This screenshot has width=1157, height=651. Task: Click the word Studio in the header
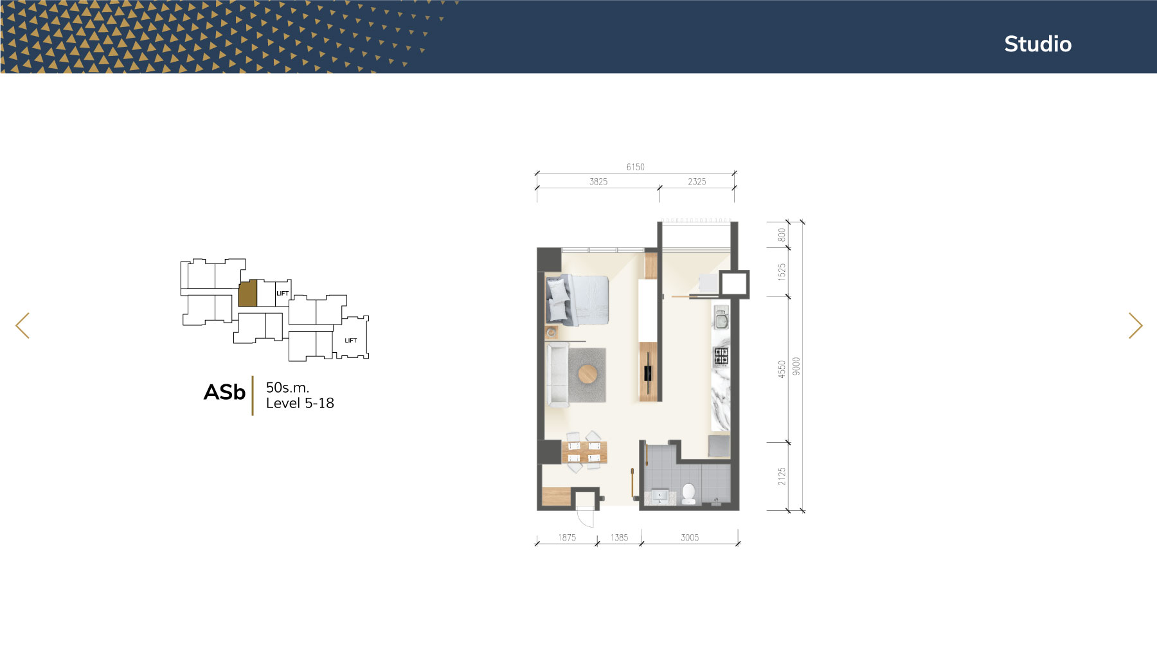[1037, 44]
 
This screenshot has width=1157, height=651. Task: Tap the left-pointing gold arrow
[22, 325]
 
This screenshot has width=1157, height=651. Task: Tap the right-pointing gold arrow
[1135, 325]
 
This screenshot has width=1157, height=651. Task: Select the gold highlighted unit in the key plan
[247, 293]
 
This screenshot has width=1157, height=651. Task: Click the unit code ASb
[224, 392]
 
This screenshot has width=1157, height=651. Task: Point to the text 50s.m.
[287, 388]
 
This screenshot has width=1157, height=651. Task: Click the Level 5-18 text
[300, 403]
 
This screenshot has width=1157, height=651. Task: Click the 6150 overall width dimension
[635, 167]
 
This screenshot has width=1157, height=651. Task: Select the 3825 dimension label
[598, 182]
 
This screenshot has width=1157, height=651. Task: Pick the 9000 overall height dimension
[796, 366]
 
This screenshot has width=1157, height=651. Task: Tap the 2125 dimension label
[782, 476]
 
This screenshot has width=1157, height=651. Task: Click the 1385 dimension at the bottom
[619, 537]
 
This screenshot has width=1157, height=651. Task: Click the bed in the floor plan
[577, 299]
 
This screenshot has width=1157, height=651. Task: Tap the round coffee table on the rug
[587, 374]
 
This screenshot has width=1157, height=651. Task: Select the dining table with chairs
[584, 452]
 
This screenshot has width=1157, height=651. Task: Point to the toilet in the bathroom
[688, 494]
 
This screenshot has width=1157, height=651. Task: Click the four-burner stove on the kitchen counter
[721, 355]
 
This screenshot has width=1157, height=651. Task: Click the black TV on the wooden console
[648, 372]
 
